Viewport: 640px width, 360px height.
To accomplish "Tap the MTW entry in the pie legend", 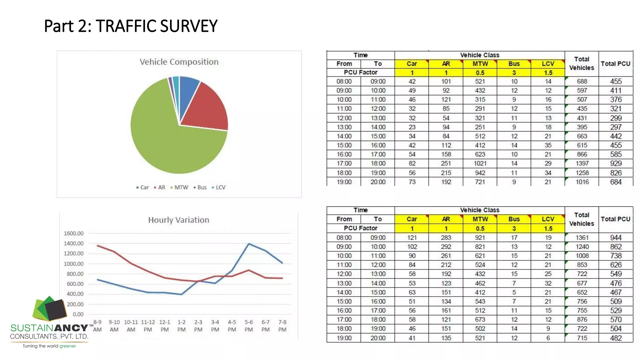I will coord(181,187).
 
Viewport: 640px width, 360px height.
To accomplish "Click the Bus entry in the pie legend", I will coord(202,187).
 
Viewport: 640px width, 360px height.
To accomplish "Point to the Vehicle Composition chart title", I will coord(179,62).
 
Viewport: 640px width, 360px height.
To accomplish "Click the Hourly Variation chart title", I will coord(178,220).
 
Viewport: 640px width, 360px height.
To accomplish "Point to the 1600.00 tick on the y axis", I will coord(73,233).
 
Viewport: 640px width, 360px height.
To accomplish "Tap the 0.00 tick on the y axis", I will coord(78,314).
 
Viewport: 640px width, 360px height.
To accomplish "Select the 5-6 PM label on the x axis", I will coord(249,326).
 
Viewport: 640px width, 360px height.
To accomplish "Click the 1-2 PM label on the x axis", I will coord(181,326).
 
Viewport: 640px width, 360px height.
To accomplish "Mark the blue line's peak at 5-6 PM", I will coord(249,244).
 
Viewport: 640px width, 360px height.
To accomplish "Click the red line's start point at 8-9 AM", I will coord(97,246).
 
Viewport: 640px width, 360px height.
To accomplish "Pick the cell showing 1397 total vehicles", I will coord(582,163).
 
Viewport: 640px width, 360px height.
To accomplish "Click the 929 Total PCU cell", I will coord(616,163).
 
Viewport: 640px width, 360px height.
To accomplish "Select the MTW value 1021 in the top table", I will coord(480,163).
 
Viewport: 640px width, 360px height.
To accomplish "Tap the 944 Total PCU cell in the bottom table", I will coord(616,237).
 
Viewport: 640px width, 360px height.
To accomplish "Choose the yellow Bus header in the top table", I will coord(514,64).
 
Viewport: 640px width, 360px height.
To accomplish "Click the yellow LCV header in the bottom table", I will coord(548,219).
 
